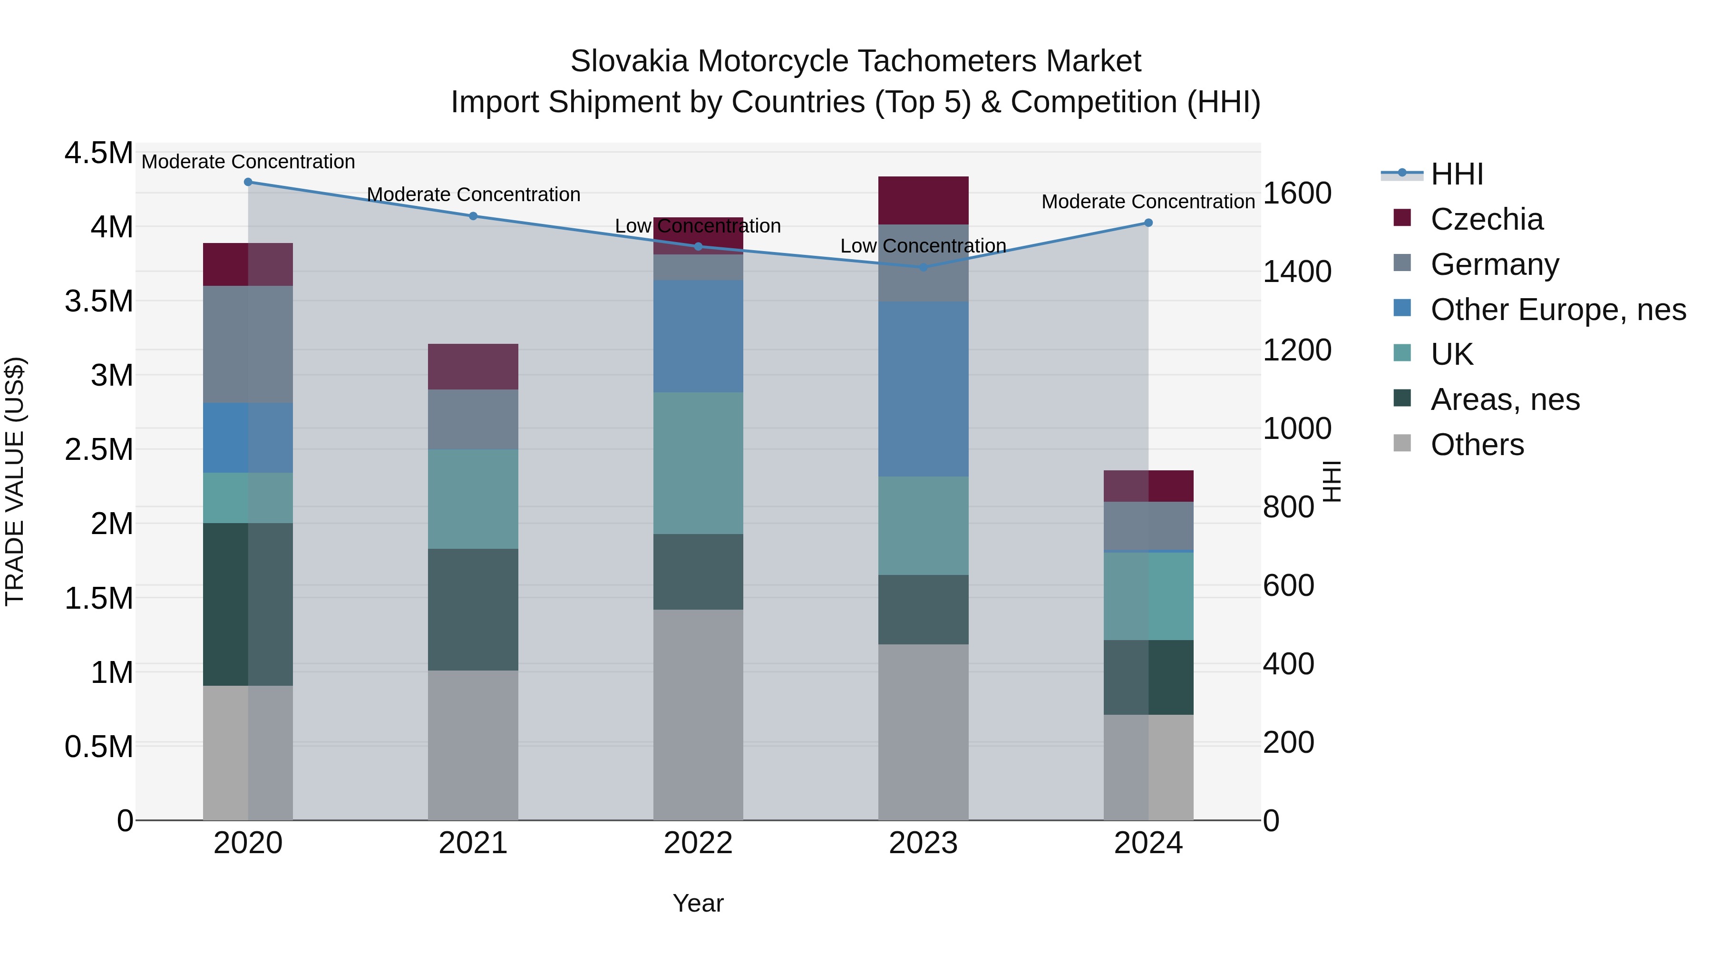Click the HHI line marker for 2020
[248, 182]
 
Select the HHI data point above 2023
[923, 267]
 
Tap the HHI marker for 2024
[1148, 223]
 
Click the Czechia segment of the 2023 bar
[923, 200]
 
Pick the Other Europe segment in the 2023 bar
[923, 389]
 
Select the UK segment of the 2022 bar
[698, 463]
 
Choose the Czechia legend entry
[1486, 219]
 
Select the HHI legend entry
[1456, 174]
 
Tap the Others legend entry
[1477, 445]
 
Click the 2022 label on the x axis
[698, 843]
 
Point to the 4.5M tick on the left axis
[98, 153]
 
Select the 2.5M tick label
[98, 450]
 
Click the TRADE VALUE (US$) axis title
[15, 481]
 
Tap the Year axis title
[698, 903]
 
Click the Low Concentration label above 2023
[923, 246]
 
